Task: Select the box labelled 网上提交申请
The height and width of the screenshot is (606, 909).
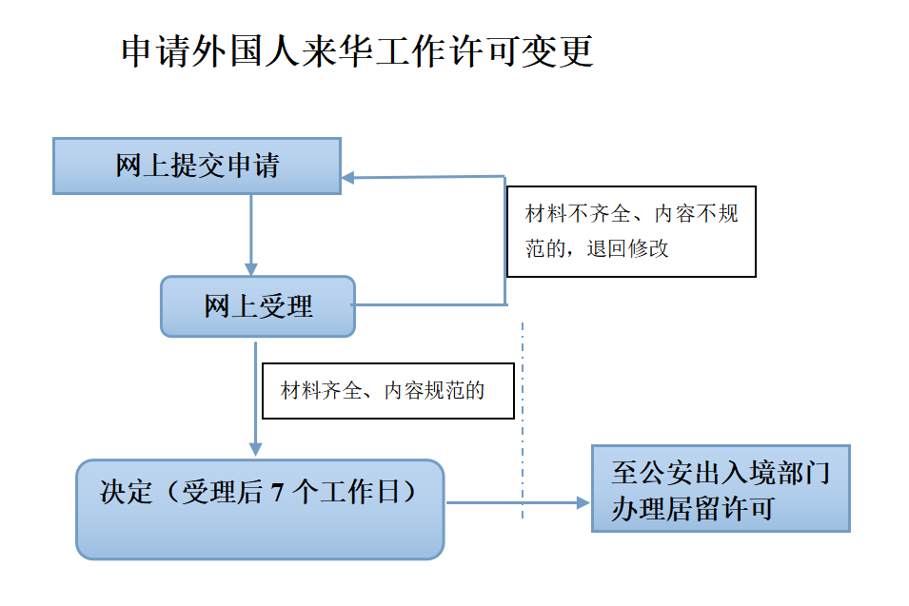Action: (197, 166)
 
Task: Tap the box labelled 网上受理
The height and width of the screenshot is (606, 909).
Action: (258, 306)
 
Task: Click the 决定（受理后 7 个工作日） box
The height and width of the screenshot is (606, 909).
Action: (260, 509)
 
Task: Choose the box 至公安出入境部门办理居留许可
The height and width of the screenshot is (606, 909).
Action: (720, 488)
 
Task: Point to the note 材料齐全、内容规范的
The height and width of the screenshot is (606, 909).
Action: (387, 391)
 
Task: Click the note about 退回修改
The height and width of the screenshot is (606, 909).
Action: (631, 231)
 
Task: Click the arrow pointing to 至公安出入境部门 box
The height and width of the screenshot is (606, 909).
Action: (519, 502)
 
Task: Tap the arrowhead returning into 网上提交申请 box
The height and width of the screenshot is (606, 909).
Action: (348, 178)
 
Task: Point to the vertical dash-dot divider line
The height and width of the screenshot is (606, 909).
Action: (523, 419)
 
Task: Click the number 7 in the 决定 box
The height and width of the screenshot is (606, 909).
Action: (277, 493)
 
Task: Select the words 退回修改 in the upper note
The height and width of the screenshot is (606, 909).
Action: (628, 249)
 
